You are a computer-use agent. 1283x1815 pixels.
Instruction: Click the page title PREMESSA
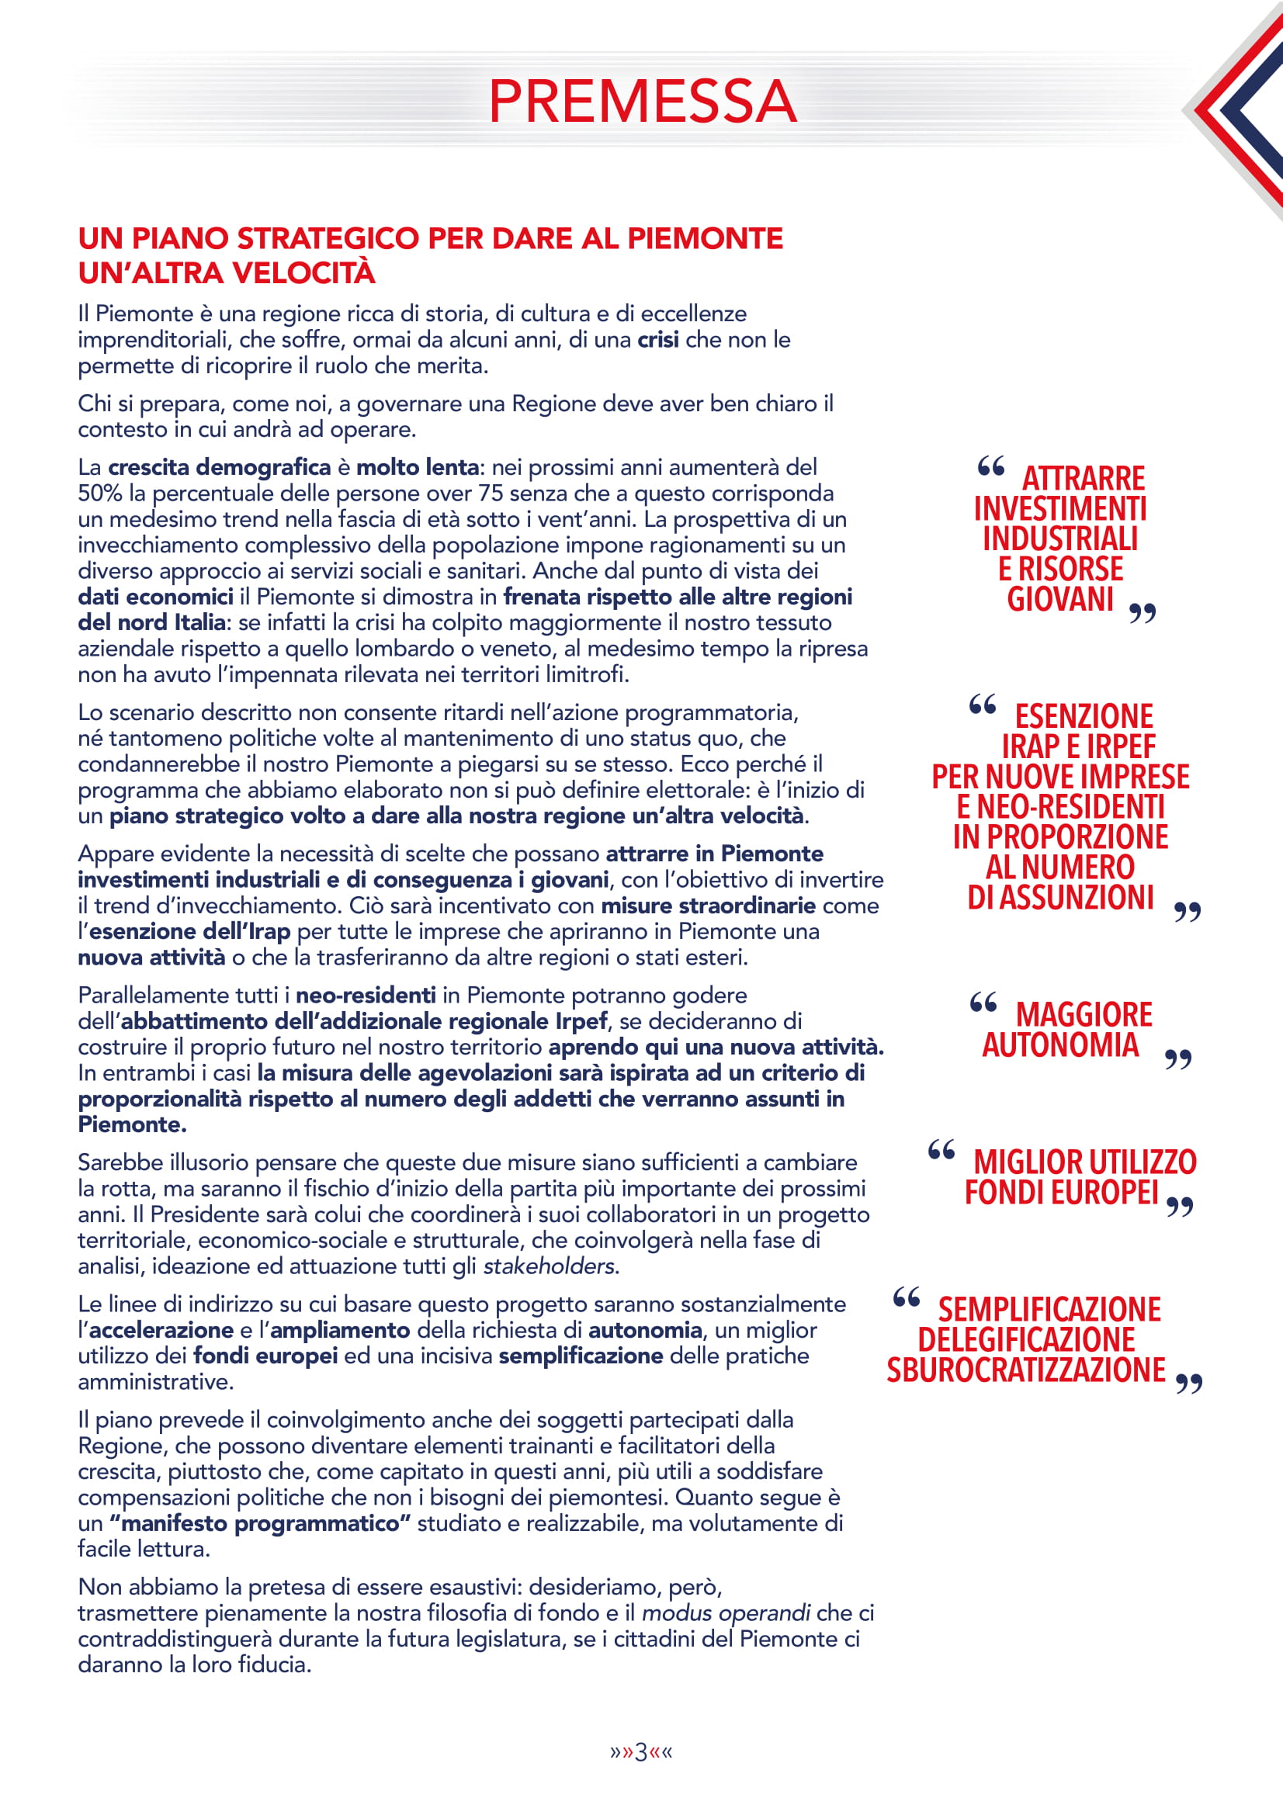point(642,101)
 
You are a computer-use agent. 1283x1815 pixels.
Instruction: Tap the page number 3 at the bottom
point(641,1752)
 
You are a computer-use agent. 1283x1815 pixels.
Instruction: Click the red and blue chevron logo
point(1241,111)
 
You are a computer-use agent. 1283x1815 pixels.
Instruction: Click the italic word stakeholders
point(550,1266)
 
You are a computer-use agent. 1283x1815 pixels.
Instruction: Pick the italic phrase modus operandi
point(726,1612)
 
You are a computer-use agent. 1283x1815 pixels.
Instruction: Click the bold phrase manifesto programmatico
point(260,1523)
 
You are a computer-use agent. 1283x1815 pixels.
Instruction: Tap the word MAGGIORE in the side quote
point(1083,1015)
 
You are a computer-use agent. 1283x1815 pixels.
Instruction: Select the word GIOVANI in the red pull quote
point(1060,599)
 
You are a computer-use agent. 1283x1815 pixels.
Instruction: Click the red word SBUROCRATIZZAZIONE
point(1025,1370)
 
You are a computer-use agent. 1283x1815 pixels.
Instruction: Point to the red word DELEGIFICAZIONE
point(1025,1340)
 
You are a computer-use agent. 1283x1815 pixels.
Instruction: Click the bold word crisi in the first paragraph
point(657,340)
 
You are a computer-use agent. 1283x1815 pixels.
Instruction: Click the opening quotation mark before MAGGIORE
point(983,1003)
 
